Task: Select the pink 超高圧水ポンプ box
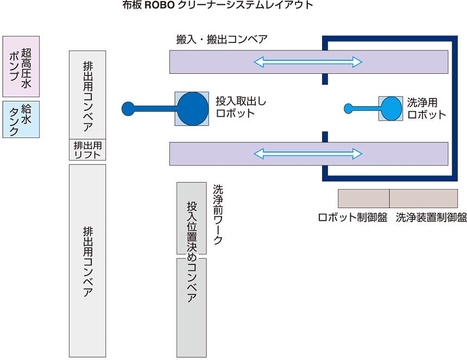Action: pos(21,66)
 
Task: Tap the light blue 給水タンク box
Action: pos(21,119)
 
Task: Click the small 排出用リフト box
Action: pos(87,149)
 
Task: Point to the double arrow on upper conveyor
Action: pos(308,62)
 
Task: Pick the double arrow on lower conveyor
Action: pos(308,154)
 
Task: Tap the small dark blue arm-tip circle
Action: pos(127,109)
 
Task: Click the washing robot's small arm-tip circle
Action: pos(349,109)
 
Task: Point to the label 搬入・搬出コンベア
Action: pos(222,40)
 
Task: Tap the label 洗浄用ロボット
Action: pos(426,108)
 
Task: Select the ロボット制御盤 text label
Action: pos(352,217)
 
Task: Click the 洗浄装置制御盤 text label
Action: pos(431,217)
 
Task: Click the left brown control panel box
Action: pos(363,198)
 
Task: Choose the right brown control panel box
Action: pos(424,198)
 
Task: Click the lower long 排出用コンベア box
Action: pos(87,261)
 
